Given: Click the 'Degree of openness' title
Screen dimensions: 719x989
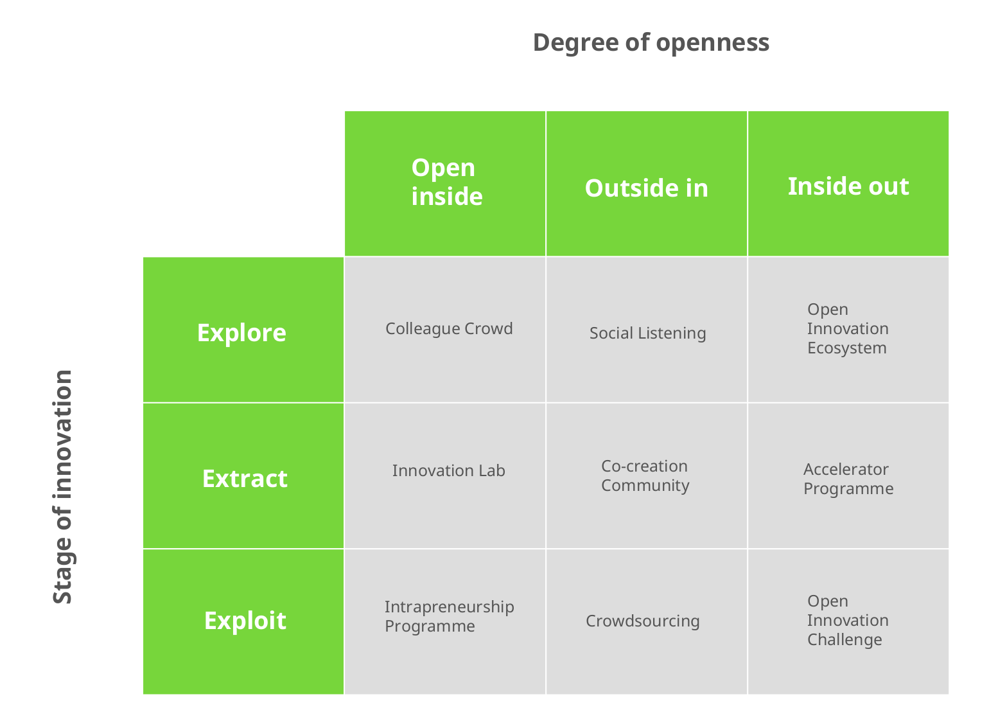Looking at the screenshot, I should click(x=651, y=42).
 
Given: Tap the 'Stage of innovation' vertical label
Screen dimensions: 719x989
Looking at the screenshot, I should click(x=63, y=486).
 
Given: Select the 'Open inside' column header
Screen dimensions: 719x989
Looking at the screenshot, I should click(x=446, y=182).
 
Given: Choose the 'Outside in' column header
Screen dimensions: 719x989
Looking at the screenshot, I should click(x=646, y=188).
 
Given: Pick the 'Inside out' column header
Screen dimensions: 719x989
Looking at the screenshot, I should click(x=848, y=186).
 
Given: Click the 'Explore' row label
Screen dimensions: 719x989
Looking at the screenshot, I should click(x=241, y=333).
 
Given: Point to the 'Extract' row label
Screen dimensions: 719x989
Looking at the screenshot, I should click(x=245, y=479).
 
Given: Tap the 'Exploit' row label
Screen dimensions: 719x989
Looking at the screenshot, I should click(x=245, y=621).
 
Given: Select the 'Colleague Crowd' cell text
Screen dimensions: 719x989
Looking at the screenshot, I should click(x=449, y=329).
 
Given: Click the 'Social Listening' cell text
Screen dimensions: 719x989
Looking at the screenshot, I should click(x=647, y=333).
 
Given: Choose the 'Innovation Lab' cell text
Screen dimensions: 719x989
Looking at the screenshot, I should click(x=448, y=471).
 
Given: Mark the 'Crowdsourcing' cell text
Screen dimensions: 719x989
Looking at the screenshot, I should click(x=642, y=621).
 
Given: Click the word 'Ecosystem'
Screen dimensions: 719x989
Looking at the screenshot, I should click(x=846, y=348).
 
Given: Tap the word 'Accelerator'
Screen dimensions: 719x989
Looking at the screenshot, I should click(x=846, y=470).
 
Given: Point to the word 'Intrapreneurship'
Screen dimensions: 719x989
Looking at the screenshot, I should click(x=449, y=607).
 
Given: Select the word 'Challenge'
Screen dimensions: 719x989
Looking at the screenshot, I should click(x=845, y=640).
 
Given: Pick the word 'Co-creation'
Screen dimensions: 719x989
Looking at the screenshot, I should click(x=644, y=466).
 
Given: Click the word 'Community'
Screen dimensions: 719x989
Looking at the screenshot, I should click(x=645, y=486).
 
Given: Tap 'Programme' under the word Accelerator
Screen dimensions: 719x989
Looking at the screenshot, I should click(x=848, y=489).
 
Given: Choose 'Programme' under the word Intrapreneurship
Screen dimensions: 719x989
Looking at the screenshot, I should click(x=430, y=626).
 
